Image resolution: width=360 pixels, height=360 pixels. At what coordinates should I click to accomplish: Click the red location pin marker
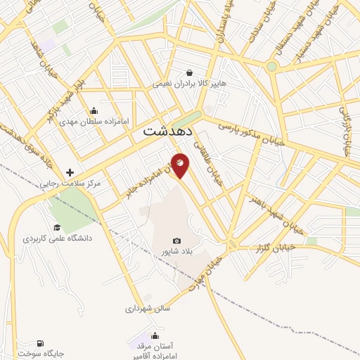(180, 165)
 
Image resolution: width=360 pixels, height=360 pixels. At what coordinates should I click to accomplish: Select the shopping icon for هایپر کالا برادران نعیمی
(189, 72)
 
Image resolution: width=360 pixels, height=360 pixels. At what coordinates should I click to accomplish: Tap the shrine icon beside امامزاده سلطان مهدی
(94, 110)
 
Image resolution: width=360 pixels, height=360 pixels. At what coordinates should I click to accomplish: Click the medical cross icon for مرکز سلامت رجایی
(70, 172)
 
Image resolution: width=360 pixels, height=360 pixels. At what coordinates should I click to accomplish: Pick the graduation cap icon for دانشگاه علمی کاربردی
(57, 227)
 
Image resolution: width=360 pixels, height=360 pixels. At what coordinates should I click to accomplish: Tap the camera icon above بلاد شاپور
(176, 241)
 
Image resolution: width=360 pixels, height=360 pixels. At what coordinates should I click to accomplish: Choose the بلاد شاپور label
(176, 252)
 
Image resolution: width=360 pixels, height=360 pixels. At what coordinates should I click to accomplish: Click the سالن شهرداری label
(148, 308)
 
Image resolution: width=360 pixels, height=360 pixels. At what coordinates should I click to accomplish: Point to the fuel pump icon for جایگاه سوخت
(40, 342)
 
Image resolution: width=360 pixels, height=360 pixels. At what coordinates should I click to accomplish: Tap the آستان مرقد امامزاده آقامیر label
(155, 352)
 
